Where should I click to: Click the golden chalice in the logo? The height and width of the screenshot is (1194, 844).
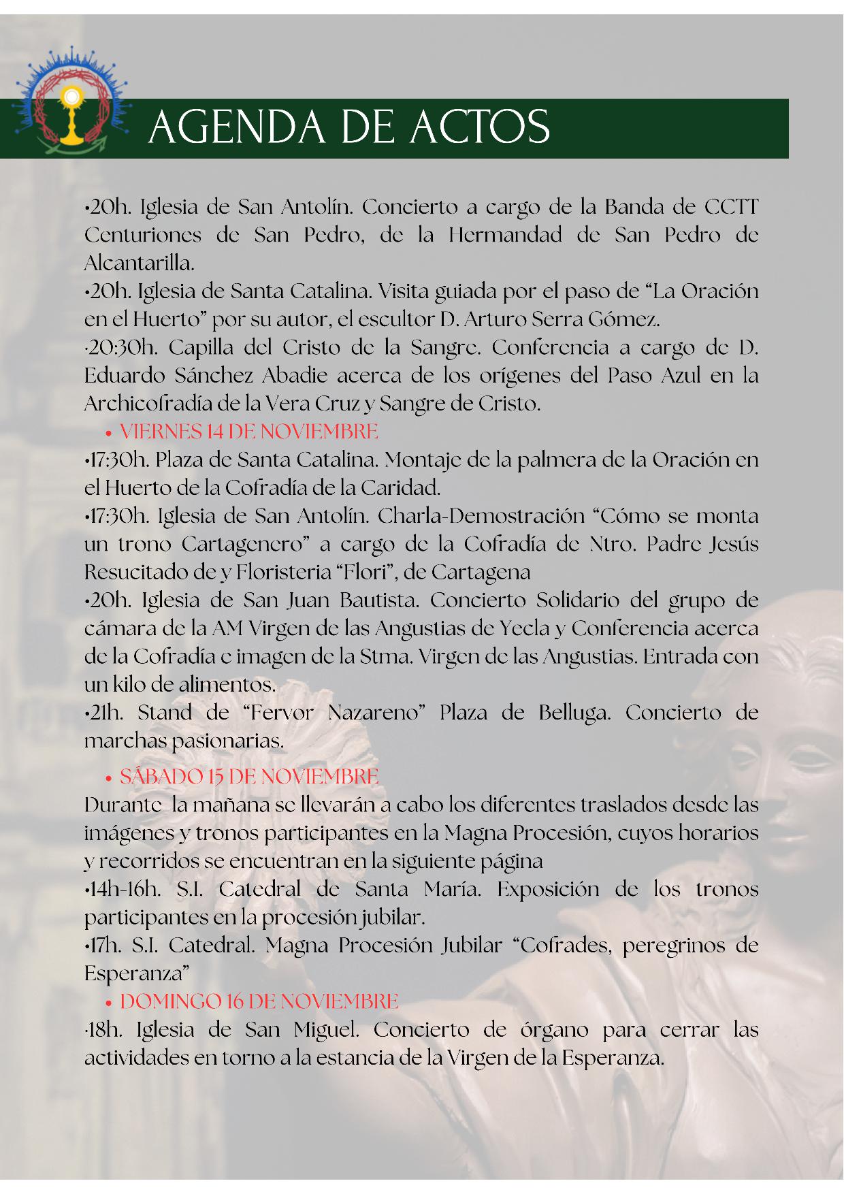pyautogui.click(x=70, y=116)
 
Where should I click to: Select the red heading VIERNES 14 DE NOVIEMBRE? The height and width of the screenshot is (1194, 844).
pyautogui.click(x=248, y=432)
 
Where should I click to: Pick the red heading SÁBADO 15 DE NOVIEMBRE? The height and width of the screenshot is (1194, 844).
pyautogui.click(x=249, y=776)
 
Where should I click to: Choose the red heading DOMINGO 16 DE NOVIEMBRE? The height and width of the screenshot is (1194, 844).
pyautogui.click(x=259, y=1001)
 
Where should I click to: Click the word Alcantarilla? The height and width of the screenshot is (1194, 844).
pyautogui.click(x=139, y=263)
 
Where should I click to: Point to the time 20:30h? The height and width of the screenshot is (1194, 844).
pyautogui.click(x=121, y=347)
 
